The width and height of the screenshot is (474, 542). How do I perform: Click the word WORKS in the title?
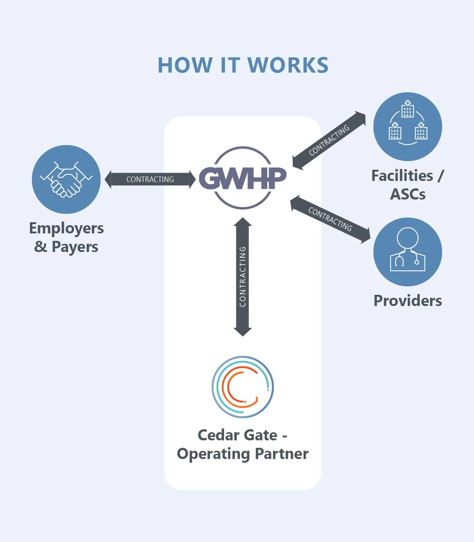288,65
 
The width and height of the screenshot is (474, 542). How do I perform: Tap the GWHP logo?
243,178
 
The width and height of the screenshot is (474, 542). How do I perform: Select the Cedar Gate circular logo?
243,387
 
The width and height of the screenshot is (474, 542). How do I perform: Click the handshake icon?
66,179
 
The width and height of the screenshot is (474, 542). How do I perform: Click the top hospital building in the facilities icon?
407,109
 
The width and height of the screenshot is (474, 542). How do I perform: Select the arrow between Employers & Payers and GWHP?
150,179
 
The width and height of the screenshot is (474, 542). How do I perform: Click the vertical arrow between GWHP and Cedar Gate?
243,277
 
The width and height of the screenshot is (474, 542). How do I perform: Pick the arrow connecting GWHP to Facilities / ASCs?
329,140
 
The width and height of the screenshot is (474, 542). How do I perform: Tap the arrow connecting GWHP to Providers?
330,219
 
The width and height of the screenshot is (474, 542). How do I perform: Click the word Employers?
67,228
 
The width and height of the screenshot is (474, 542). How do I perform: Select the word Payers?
75,247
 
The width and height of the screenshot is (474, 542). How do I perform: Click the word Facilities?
402,176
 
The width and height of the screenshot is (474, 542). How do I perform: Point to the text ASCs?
408,194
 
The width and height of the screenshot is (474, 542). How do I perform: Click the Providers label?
408,301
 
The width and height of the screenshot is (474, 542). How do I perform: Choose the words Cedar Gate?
237,435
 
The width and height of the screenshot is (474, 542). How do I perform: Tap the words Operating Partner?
243,454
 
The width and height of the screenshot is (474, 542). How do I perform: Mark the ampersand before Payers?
41,246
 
